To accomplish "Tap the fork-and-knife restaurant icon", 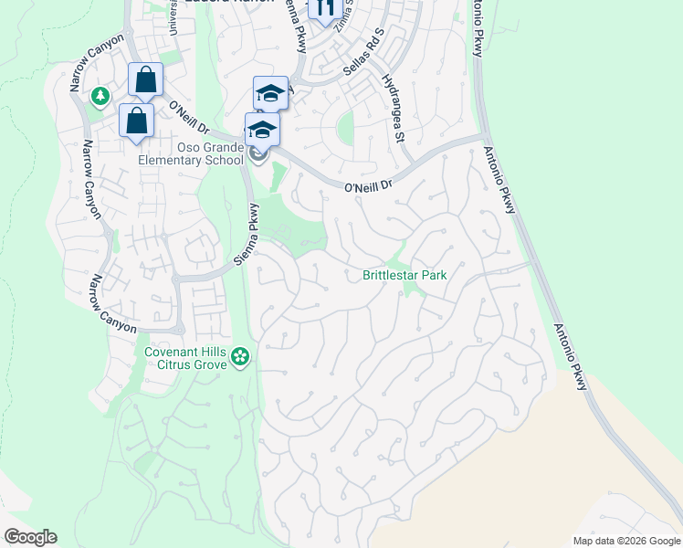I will click(323, 9).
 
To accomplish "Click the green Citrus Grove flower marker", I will click(240, 356).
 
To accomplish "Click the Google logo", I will click(30, 537).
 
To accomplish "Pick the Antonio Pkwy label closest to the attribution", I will click(570, 356).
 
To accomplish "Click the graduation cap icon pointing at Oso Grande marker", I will click(262, 130).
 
